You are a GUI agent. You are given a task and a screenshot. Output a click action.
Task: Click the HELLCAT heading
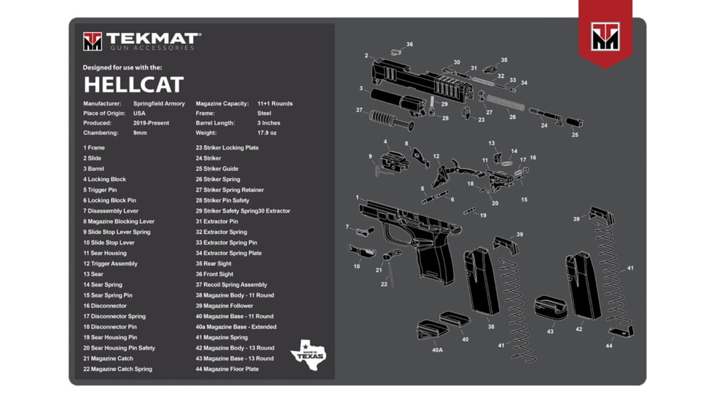point(133,84)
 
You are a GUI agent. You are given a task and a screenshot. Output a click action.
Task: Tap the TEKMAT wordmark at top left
point(152,39)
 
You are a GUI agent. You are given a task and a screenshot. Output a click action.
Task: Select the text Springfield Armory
point(159,103)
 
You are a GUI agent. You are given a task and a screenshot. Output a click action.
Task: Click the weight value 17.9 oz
point(267,133)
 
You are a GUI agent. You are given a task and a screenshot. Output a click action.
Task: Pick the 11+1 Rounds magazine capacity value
point(275,103)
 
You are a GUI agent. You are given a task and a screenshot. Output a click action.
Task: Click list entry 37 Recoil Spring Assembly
point(231,284)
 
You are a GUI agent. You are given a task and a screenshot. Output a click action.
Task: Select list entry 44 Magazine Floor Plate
point(227,369)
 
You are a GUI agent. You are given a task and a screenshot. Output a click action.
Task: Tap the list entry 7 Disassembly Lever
point(111,210)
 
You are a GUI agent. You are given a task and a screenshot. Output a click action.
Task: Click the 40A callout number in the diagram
point(437,350)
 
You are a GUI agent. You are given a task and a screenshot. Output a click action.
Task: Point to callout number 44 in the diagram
point(608,346)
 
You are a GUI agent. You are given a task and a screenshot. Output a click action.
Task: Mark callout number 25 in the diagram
point(575,135)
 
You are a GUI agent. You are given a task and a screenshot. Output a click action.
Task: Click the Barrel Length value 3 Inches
point(269,123)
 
